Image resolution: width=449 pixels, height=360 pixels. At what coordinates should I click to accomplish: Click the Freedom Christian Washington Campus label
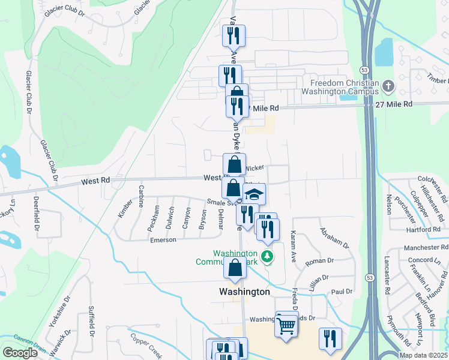[344, 88]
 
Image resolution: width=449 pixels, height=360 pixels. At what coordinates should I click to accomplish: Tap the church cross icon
[388, 87]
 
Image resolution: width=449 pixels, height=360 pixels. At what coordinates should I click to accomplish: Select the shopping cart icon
[286, 326]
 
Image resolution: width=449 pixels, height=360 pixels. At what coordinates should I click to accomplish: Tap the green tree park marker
[268, 256]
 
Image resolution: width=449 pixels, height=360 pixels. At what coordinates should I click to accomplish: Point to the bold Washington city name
[244, 291]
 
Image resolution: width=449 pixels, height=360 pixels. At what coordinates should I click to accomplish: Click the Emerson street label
[163, 239]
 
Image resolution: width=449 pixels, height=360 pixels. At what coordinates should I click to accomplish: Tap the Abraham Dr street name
[334, 237]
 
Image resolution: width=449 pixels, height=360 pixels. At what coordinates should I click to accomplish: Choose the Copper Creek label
[147, 345]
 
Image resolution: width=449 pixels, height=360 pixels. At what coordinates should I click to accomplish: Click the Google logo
[20, 353]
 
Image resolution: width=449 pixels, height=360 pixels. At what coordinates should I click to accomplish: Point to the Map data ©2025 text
[424, 355]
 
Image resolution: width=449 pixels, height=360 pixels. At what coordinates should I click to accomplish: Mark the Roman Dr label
[319, 260]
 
